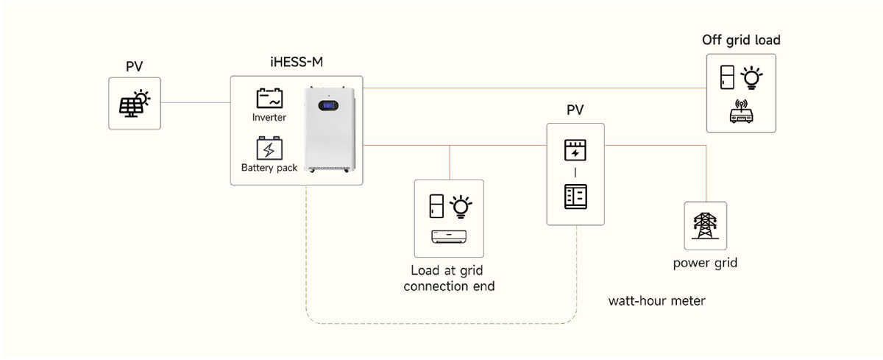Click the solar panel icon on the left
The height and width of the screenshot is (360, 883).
click(134, 103)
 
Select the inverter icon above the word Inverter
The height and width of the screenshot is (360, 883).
click(269, 99)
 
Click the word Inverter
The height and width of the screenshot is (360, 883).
click(269, 118)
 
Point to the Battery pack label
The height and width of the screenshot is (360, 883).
click(269, 168)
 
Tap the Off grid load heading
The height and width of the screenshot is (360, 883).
click(741, 40)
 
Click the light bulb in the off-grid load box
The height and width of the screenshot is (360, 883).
click(751, 77)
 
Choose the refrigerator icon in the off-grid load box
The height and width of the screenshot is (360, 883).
click(728, 77)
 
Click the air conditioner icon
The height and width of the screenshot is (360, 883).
click(449, 236)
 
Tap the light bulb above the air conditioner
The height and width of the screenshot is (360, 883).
click(461, 207)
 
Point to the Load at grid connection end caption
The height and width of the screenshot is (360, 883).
click(448, 278)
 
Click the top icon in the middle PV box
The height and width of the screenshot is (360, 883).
click(575, 149)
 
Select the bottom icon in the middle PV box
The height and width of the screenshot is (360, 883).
click(575, 197)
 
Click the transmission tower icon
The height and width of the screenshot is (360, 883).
click(705, 225)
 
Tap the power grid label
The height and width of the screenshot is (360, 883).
click(705, 263)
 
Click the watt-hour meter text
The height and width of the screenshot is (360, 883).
click(657, 301)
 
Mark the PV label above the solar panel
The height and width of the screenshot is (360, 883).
click(134, 67)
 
